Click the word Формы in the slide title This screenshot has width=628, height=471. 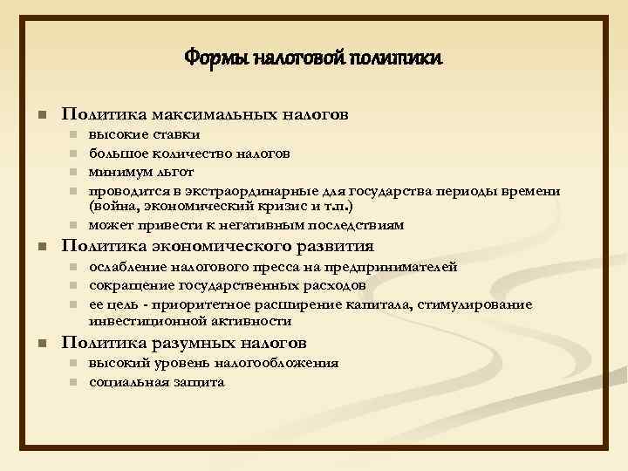209,58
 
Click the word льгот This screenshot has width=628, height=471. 174,172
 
